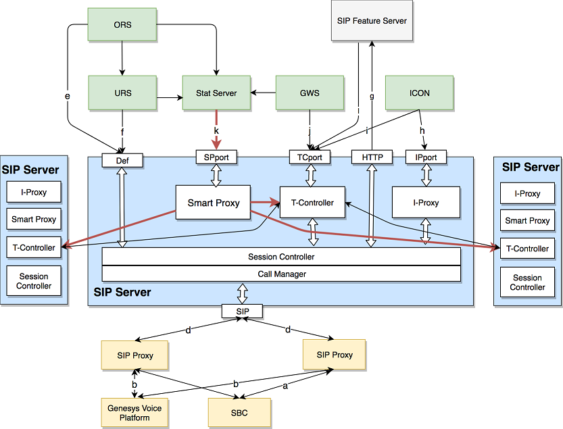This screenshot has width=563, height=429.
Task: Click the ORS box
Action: coord(122,26)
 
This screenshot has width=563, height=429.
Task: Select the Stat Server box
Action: coord(216,93)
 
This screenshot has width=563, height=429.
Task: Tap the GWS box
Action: coord(310,93)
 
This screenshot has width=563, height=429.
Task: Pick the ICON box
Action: coord(419,93)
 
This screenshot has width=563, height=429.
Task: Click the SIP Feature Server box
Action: coord(372,21)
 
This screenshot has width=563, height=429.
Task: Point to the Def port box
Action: coord(122,160)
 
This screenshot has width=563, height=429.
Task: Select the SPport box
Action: coord(216,157)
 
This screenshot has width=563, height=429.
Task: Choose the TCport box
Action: coord(310,157)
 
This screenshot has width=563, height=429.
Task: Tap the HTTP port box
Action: coord(372,157)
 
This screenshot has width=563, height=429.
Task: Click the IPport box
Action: coord(426,157)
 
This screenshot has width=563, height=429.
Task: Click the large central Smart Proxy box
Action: coord(213,202)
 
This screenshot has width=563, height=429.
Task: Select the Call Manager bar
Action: coord(281,274)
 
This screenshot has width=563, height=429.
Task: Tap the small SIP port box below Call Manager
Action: coord(242,311)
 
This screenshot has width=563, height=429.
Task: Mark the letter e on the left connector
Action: coord(68,97)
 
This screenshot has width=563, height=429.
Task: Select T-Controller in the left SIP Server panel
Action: coord(34,247)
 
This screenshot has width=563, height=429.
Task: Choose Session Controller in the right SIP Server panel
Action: coord(527,282)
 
